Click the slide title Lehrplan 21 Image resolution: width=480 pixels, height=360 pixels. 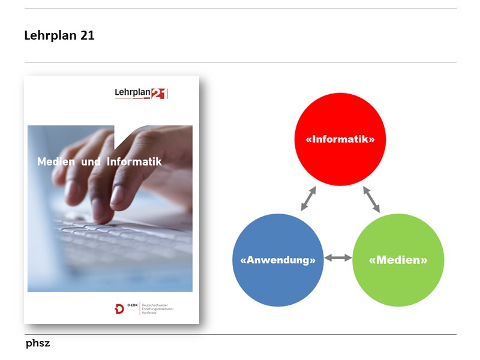pyautogui.click(x=59, y=35)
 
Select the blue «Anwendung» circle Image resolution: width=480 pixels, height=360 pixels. pyautogui.click(x=278, y=282)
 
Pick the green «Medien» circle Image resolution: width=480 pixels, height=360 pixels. pyautogui.click(x=398, y=282)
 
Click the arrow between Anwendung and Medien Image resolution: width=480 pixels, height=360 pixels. pyautogui.click(x=338, y=258)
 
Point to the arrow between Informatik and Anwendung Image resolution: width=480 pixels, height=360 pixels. pyautogui.click(x=308, y=199)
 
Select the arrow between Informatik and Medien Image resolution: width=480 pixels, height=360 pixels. pyautogui.click(x=371, y=199)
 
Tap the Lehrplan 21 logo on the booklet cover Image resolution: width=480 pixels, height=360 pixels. pyautogui.click(x=140, y=93)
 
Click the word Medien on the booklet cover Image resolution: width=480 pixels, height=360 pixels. pyautogui.click(x=56, y=162)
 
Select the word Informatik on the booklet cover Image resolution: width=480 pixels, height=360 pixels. pyautogui.click(x=134, y=162)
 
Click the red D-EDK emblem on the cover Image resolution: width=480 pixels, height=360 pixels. pyautogui.click(x=119, y=309)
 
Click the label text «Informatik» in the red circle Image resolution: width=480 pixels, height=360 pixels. pyautogui.click(x=340, y=139)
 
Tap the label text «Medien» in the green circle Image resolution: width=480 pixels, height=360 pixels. pyautogui.click(x=398, y=260)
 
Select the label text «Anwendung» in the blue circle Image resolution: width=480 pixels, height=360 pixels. pyautogui.click(x=278, y=260)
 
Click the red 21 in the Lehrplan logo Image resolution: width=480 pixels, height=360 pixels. pyautogui.click(x=158, y=94)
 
